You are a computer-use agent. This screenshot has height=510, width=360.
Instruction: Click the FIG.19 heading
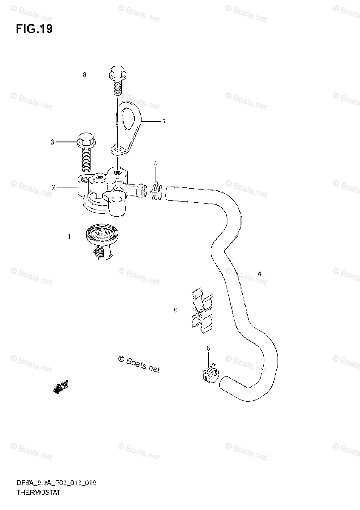tap(34, 29)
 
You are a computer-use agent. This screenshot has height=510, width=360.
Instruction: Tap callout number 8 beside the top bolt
tap(85, 75)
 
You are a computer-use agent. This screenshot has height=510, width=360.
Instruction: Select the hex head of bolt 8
tap(116, 73)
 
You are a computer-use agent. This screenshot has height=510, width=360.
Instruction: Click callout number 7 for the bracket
tap(164, 122)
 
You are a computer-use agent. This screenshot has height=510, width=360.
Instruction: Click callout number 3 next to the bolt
tap(52, 142)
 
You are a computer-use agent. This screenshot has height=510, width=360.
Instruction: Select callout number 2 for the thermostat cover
tap(54, 187)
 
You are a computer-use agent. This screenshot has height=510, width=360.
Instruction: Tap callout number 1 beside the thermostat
tap(69, 236)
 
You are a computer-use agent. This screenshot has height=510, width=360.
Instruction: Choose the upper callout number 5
tap(156, 163)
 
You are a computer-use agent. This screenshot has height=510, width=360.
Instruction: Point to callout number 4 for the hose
tap(259, 274)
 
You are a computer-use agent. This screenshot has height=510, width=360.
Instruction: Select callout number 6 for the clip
tap(176, 310)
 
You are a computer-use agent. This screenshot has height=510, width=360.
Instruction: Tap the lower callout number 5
tap(209, 348)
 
